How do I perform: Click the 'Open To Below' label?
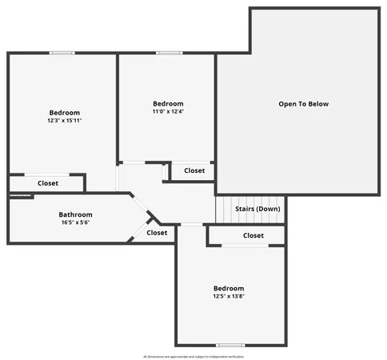point(303,104)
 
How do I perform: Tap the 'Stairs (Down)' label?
point(257,209)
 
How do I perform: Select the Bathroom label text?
point(75,214)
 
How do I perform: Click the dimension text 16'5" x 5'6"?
point(75,222)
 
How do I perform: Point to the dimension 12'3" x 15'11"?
point(64,121)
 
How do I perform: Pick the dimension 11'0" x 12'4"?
point(168,112)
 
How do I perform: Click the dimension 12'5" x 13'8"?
point(228,297)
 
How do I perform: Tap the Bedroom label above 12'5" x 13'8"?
point(228,288)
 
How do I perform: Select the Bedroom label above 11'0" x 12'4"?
point(168,104)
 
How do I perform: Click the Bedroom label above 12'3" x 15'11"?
point(64,113)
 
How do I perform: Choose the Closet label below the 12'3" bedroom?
point(47,183)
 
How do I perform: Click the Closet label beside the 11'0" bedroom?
point(194,170)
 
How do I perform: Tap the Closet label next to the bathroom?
point(157,233)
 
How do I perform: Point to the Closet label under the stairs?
point(253,235)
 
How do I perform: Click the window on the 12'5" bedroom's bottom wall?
point(230,345)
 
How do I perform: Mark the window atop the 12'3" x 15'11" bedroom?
point(62,54)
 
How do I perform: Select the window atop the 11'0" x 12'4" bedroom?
point(169,54)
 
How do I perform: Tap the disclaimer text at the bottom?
point(193,356)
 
